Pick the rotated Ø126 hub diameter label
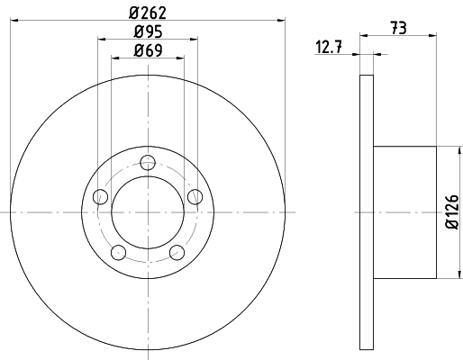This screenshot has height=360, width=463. (453, 212)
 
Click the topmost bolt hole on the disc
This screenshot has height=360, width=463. (149, 162)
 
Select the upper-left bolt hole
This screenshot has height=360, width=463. (101, 196)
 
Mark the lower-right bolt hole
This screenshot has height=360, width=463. (177, 252)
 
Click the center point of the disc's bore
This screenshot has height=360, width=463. (149, 211)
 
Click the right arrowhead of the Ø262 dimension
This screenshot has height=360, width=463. (280, 18)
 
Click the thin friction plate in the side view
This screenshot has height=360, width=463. (366, 211)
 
